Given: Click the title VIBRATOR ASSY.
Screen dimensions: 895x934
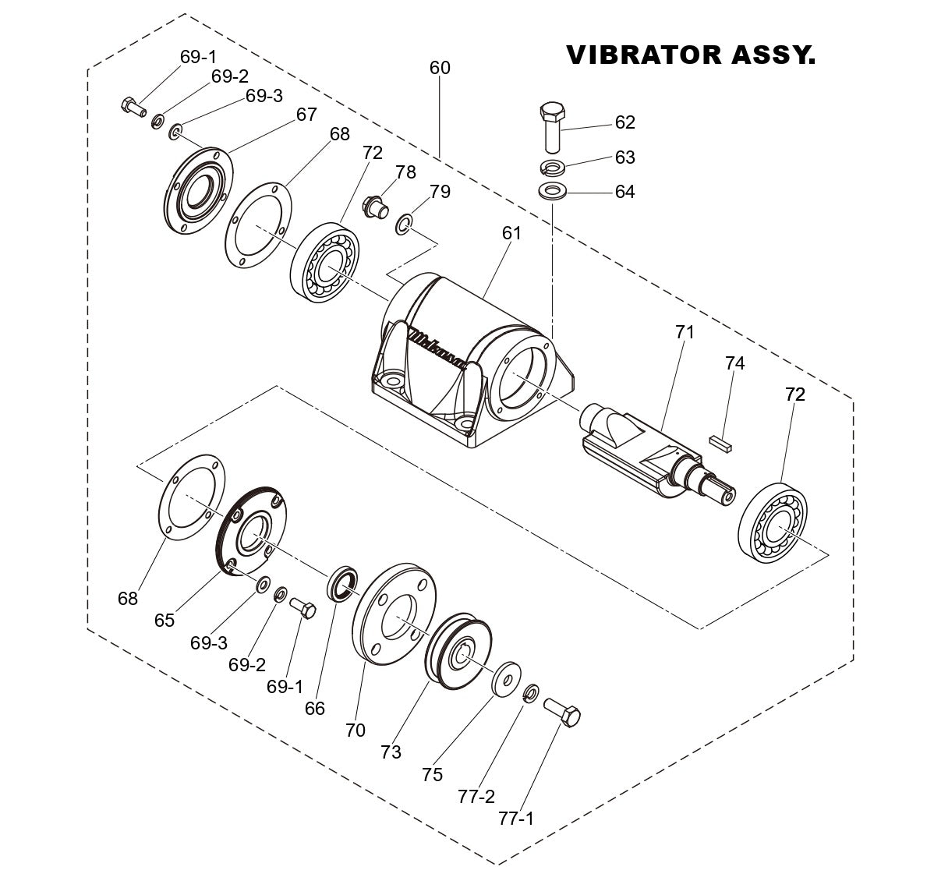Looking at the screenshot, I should tap(690, 55).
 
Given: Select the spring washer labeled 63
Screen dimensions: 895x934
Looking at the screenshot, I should tap(554, 167).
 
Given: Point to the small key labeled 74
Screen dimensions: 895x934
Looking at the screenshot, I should tap(721, 440).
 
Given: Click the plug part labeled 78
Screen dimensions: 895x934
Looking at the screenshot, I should tap(375, 207).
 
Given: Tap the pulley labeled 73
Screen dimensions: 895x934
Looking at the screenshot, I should tap(458, 653).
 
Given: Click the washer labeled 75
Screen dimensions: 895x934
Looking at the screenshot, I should tap(507, 675).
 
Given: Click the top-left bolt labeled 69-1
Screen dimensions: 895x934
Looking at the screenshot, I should tap(132, 106).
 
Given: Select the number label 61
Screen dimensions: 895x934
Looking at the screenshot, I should tap(511, 233).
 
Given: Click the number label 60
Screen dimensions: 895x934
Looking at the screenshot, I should tap(440, 68).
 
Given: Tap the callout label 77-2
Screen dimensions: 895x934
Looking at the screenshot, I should tap(476, 796).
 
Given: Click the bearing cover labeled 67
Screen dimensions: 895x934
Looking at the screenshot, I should tap(196, 189).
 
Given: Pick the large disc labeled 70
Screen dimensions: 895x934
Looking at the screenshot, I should tap(394, 613).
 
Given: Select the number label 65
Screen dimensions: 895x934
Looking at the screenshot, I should tap(165, 621).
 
